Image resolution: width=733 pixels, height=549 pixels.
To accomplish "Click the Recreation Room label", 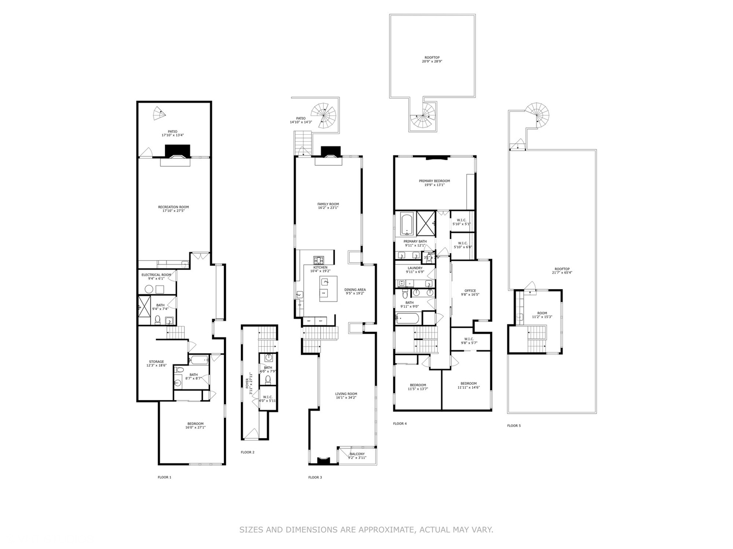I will tap(173, 209).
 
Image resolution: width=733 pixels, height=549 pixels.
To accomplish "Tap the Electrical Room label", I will tap(156, 277).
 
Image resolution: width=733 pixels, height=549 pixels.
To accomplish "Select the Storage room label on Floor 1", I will tap(156, 364).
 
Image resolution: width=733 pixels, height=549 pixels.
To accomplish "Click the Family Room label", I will tap(328, 206).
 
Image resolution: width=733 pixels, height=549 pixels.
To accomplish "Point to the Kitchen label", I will tap(320, 269).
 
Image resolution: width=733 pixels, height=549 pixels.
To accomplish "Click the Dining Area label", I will tap(355, 291).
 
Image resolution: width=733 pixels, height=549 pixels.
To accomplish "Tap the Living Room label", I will tap(346, 395).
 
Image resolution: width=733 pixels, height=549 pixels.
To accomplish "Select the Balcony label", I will tap(357, 455).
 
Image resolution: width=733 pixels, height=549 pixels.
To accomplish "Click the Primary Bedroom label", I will tap(434, 182).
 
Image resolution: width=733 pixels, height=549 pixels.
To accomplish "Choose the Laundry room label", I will tap(414, 269).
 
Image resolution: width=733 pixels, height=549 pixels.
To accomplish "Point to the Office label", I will tap(470, 292).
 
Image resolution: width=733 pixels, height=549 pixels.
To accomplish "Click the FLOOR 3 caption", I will tap(315, 477).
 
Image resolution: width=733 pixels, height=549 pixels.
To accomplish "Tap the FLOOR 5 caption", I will tap(514, 425).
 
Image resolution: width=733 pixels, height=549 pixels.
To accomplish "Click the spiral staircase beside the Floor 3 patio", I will tap(324, 115).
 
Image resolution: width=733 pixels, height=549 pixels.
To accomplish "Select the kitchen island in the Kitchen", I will tap(325, 288).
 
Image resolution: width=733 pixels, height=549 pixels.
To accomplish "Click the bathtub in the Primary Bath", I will tap(408, 223).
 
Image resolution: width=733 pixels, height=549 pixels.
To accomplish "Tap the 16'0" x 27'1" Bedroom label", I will tap(195, 425).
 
